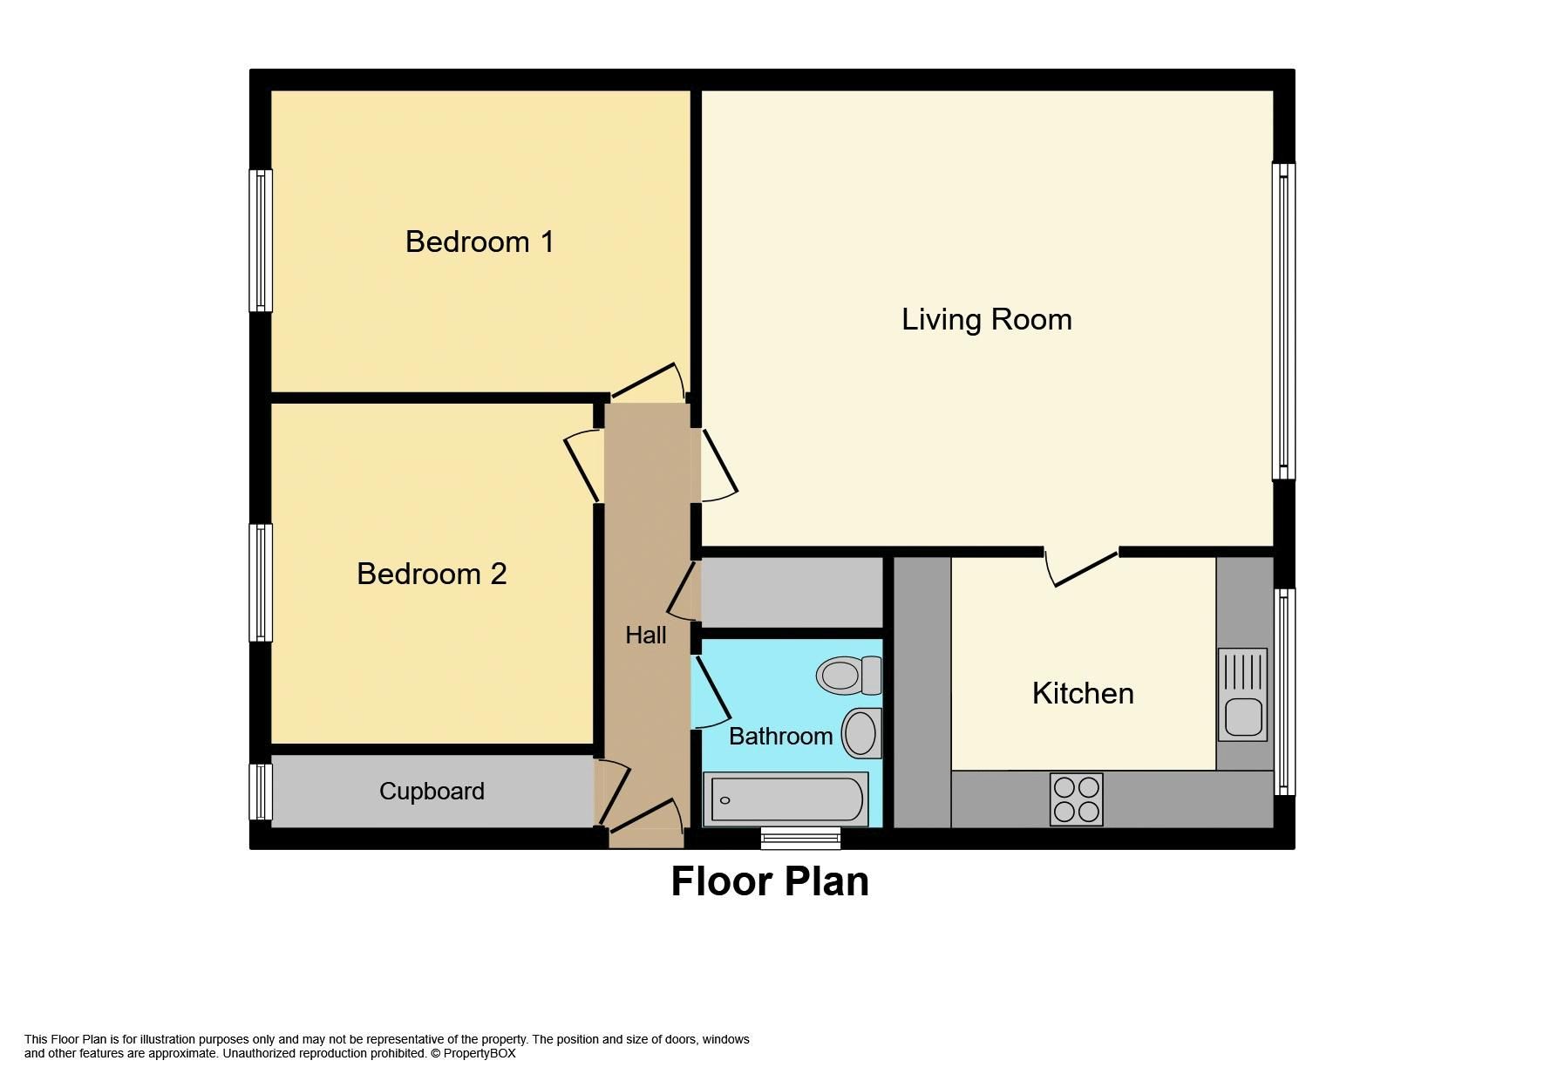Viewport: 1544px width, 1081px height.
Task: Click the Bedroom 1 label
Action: (x=480, y=241)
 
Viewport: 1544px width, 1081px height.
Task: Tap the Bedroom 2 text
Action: (x=432, y=574)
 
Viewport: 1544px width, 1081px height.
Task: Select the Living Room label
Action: (x=986, y=319)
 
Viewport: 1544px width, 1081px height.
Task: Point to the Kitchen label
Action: (x=1083, y=693)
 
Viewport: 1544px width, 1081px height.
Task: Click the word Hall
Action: (x=645, y=635)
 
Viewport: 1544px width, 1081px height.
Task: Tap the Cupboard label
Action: (x=432, y=791)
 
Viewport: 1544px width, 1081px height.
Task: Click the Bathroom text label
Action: (x=780, y=736)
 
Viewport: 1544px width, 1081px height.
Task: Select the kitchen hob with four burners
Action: (x=1076, y=799)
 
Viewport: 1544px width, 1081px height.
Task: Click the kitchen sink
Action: (x=1242, y=695)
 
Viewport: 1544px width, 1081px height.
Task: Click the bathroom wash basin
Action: (x=861, y=732)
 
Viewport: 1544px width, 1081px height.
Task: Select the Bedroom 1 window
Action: (x=261, y=241)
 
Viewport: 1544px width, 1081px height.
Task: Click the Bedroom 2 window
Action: (x=261, y=582)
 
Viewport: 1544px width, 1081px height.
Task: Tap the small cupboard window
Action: (x=261, y=792)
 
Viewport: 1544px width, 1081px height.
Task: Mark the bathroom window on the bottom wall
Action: (x=800, y=838)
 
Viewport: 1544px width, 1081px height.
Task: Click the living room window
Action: (x=1283, y=321)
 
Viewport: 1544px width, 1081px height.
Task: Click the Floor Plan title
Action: (x=770, y=881)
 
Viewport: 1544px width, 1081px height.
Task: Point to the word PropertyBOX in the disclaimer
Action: (x=480, y=1053)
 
